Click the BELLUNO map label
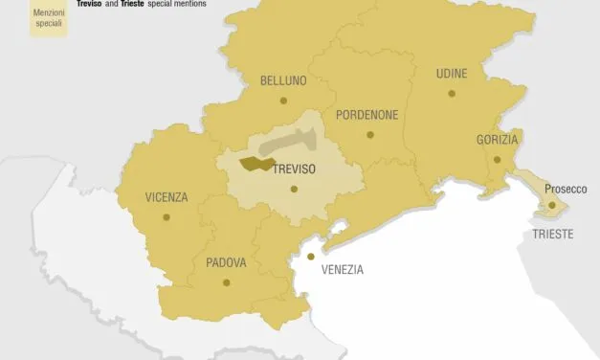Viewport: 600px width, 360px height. tap(283, 81)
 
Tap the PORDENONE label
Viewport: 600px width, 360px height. tap(367, 115)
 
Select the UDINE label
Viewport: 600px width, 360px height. tap(452, 74)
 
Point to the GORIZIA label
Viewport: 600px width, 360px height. tap(498, 140)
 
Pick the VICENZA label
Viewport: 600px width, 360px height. tap(167, 198)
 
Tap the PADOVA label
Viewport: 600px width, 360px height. tap(227, 262)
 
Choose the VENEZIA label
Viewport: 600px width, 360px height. tap(343, 270)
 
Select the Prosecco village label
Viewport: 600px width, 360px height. tap(567, 189)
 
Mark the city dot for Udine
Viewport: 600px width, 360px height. tap(451, 93)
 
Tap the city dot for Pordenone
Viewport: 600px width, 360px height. tap(370, 134)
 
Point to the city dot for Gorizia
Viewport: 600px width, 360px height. tap(497, 159)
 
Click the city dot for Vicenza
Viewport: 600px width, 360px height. tap(167, 217)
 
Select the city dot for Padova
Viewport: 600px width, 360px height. tap(227, 281)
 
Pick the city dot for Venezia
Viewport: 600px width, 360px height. tap(310, 257)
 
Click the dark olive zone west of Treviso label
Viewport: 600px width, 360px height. tap(254, 165)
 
